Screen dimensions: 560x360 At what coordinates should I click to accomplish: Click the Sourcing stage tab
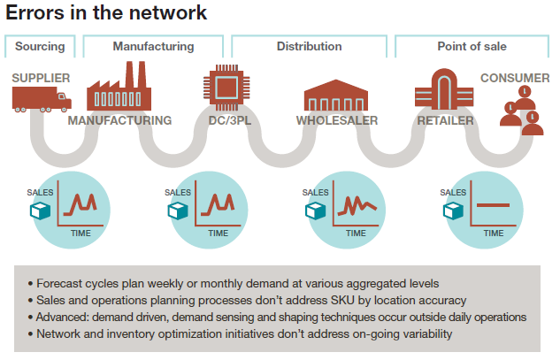click(x=40, y=46)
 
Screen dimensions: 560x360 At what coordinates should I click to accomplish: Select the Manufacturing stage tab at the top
click(x=153, y=46)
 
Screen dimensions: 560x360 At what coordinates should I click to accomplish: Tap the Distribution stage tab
click(x=310, y=46)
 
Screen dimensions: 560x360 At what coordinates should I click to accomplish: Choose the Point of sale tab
click(x=472, y=46)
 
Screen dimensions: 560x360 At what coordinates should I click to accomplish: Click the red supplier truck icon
click(x=42, y=100)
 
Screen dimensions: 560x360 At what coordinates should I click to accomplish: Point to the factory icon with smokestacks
click(x=119, y=87)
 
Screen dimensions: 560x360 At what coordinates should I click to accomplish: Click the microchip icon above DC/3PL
click(x=226, y=88)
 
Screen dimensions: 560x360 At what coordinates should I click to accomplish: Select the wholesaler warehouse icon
click(x=335, y=95)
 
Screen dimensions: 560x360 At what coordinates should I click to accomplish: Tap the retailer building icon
click(x=444, y=89)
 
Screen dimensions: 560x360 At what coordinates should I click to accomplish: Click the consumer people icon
click(x=522, y=111)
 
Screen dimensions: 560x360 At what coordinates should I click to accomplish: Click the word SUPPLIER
click(x=41, y=78)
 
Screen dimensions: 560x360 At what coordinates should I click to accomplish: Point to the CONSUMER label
click(x=515, y=78)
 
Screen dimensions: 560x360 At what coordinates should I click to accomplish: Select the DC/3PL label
click(x=230, y=120)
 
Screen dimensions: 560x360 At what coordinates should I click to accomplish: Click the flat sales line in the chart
click(x=493, y=205)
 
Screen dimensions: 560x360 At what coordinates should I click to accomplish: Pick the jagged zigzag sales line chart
click(x=357, y=206)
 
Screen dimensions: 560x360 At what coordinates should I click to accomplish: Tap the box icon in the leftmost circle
click(x=40, y=211)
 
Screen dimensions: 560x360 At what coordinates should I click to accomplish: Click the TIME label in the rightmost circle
click(x=494, y=234)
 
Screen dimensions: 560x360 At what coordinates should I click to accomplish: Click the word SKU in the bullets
click(x=342, y=301)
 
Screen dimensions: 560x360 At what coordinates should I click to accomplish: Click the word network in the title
click(x=167, y=13)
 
